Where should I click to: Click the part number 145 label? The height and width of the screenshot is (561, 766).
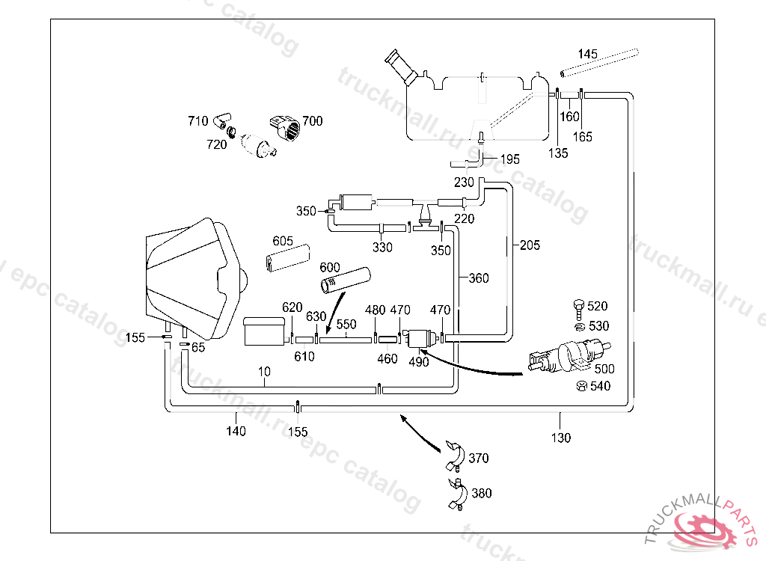(587, 54)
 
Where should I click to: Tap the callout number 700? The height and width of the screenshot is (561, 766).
(313, 120)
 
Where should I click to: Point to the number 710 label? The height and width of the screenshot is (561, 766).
(197, 120)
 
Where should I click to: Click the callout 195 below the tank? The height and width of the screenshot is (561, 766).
(509, 159)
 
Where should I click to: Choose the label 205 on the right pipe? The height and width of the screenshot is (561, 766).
(530, 245)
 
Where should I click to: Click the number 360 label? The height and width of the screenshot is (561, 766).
(479, 278)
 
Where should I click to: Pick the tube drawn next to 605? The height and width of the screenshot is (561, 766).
(288, 256)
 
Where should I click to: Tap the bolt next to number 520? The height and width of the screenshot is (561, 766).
(576, 306)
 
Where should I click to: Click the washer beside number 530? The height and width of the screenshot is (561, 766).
(577, 325)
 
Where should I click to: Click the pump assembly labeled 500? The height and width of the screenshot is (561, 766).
(569, 355)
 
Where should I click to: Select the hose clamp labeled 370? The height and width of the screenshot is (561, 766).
(456, 453)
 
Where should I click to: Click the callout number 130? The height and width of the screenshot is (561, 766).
(561, 437)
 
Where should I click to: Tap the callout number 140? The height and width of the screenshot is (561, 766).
(236, 431)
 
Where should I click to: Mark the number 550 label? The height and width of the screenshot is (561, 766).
(346, 325)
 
